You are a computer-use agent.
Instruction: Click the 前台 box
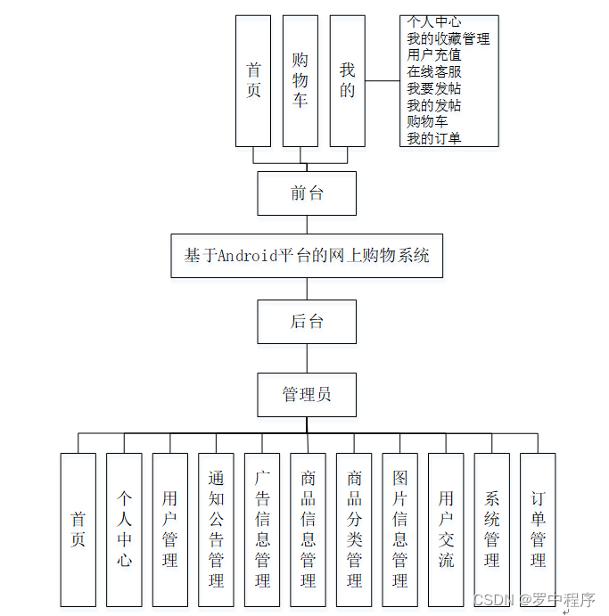(307, 193)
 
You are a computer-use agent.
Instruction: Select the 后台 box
(307, 322)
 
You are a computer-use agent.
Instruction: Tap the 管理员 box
(307, 395)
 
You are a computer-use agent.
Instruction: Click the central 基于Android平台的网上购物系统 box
(307, 256)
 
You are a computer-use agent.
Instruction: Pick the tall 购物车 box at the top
(300, 80)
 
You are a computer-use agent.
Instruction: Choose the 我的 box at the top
(347, 80)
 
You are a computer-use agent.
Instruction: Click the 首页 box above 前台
(253, 80)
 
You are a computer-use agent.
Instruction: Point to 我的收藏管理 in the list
(448, 38)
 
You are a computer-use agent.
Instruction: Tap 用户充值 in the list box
(434, 55)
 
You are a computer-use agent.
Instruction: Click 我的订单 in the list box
(434, 138)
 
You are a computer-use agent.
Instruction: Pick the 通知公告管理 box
(216, 530)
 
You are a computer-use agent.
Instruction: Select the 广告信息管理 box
(262, 530)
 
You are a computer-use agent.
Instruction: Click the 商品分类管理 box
(354, 530)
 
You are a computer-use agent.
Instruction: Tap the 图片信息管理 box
(399, 530)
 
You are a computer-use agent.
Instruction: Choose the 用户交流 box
(446, 530)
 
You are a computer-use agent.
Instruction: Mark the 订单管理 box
(538, 530)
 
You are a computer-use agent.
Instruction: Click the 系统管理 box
(491, 530)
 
